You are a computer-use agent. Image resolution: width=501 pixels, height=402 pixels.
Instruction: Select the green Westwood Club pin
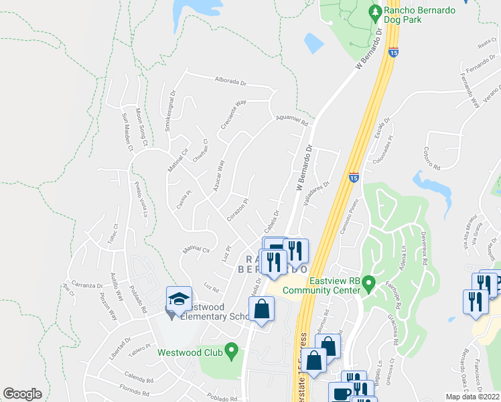pyautogui.click(x=231, y=349)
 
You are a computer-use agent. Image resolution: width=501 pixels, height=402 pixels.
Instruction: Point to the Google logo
pyautogui.click(x=22, y=393)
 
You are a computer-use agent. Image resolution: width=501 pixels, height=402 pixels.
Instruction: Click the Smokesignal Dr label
pyautogui.click(x=171, y=111)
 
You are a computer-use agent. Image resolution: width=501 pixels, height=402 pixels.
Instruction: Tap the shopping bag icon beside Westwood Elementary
pyautogui.click(x=261, y=310)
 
